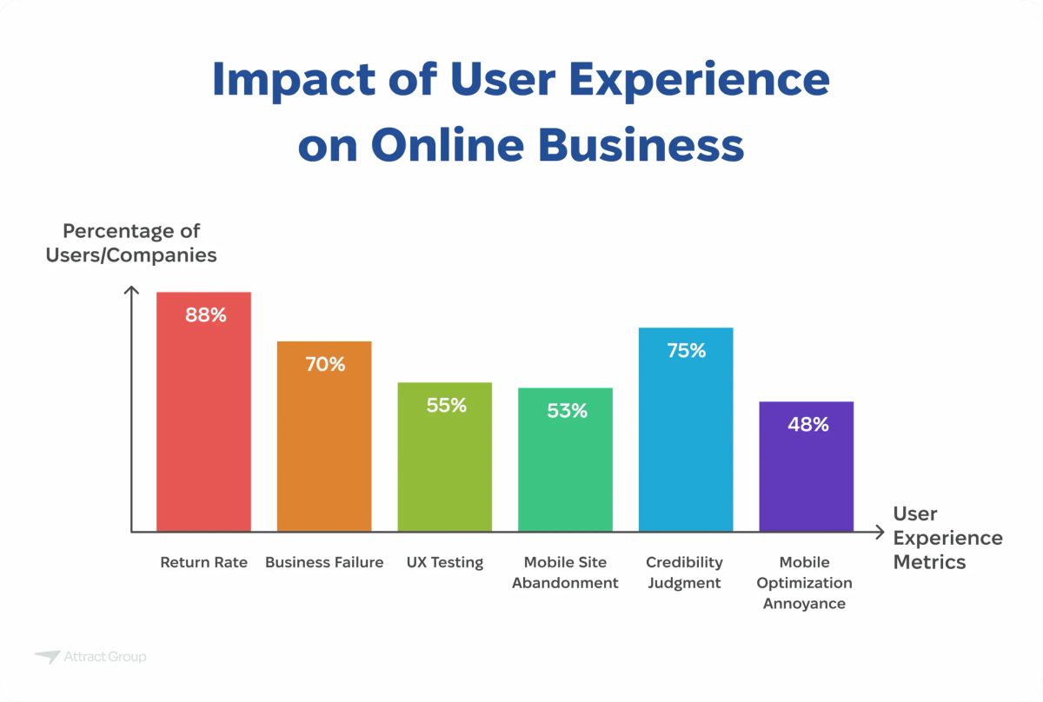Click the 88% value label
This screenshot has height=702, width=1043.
coord(206,315)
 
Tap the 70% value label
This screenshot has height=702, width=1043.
coord(325,365)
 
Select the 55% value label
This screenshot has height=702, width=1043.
coord(447,406)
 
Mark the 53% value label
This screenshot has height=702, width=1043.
coord(567,411)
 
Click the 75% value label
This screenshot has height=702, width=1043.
coord(687,351)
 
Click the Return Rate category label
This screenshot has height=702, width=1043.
coord(203,562)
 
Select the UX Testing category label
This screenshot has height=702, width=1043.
coord(445,562)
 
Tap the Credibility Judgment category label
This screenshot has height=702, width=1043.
coord(685,573)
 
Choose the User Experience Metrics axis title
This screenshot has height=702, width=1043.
coord(947,538)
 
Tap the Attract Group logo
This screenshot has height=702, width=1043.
coord(90,657)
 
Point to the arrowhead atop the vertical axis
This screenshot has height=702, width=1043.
coord(132,292)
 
